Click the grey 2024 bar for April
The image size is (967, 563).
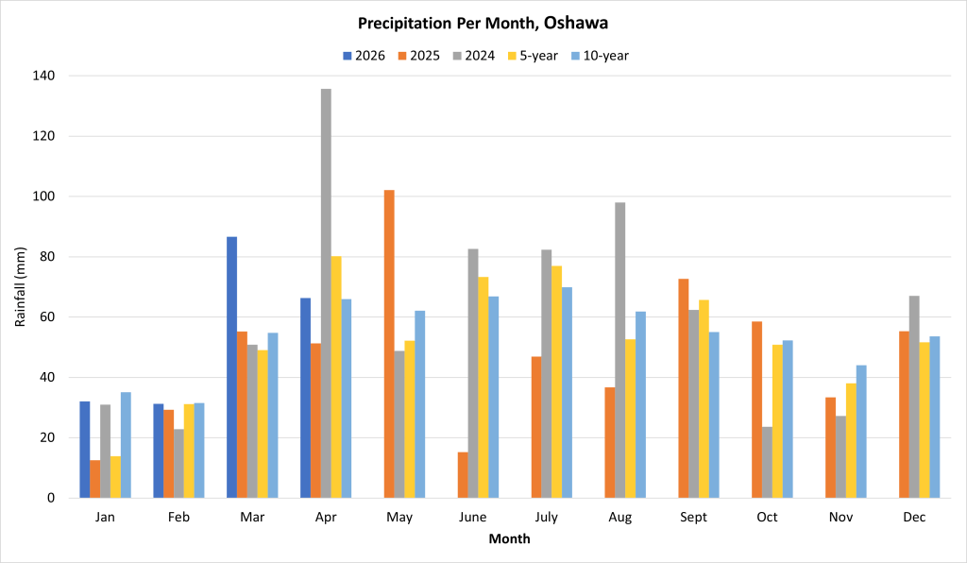326,293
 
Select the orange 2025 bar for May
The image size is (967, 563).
389,344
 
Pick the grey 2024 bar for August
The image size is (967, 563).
619,350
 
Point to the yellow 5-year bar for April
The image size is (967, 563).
336,377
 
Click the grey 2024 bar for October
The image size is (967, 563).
767,462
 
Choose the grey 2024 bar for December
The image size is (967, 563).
914,397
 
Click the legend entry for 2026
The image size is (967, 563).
364,56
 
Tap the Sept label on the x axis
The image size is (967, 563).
693,518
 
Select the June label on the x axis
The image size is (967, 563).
473,518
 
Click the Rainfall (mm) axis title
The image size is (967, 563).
20,286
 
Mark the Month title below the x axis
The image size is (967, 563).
509,539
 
